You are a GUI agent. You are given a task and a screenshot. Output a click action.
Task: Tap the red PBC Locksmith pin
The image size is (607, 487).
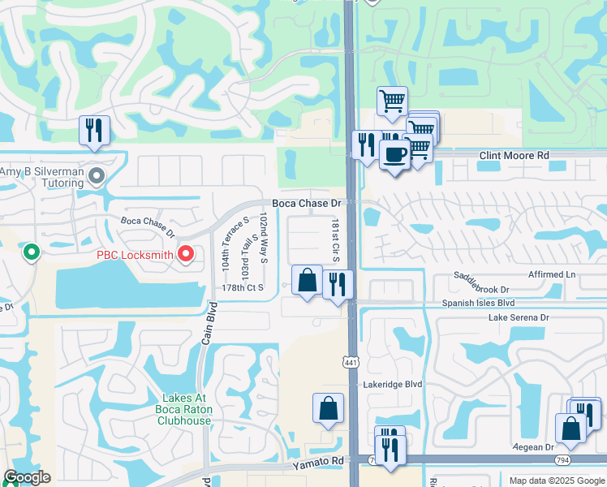coord(186,255)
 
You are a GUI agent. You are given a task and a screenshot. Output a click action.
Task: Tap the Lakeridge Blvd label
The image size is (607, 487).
coord(394,384)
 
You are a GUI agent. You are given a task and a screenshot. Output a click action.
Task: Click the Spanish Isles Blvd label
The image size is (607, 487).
coord(480,303)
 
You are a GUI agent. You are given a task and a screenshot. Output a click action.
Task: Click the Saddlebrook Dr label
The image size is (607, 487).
coord(481,289)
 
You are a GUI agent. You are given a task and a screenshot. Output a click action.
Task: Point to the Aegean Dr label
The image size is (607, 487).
coord(532,447)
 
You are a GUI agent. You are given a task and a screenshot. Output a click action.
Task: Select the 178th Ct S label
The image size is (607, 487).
coord(244,287)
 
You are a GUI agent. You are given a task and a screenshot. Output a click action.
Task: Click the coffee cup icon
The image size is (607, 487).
coord(395,155)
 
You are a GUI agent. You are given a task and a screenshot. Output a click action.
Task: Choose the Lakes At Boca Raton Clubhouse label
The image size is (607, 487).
coord(186,404)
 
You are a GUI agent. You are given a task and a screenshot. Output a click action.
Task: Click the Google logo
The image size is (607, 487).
coord(27,477)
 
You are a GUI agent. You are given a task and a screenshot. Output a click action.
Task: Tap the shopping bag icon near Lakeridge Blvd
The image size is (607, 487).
coord(328,407)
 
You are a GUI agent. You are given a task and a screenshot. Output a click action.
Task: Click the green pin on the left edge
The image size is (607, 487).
coord(32,252)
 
